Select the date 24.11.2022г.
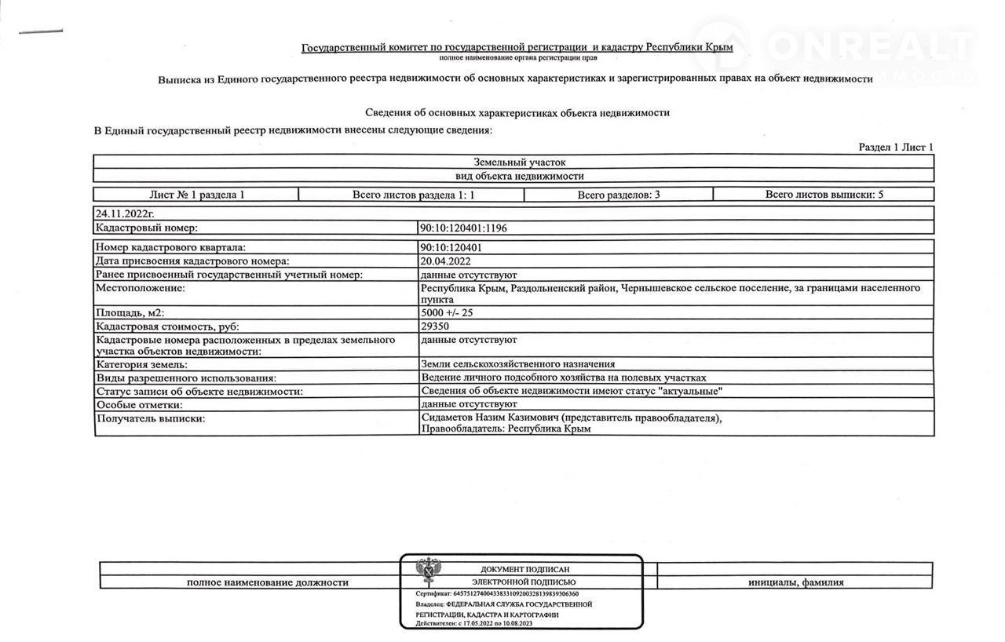pyautogui.click(x=123, y=213)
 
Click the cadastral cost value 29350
pyautogui.click(x=435, y=326)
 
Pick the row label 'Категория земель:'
pyautogui.click(x=141, y=364)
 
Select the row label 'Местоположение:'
pyautogui.click(x=140, y=289)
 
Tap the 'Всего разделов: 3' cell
pyautogui.click(x=619, y=195)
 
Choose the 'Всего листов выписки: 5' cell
pyautogui.click(x=824, y=195)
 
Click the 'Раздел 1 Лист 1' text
pyautogui.click(x=896, y=147)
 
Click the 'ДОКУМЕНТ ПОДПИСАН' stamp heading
pyautogui.click(x=524, y=569)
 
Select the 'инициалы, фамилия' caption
pyautogui.click(x=796, y=582)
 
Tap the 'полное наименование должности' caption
pyautogui.click(x=267, y=582)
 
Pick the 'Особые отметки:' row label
pyautogui.click(x=139, y=405)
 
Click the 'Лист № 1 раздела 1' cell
pyautogui.click(x=196, y=195)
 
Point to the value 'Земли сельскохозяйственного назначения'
pyautogui.click(x=517, y=364)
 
